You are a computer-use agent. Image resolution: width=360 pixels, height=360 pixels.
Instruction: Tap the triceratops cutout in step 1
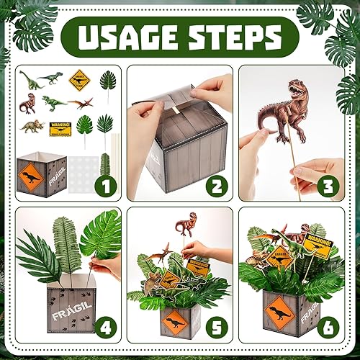31,127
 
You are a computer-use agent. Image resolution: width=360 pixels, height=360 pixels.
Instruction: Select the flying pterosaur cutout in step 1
81,104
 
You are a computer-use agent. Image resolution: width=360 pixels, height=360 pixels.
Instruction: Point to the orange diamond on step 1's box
32,174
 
